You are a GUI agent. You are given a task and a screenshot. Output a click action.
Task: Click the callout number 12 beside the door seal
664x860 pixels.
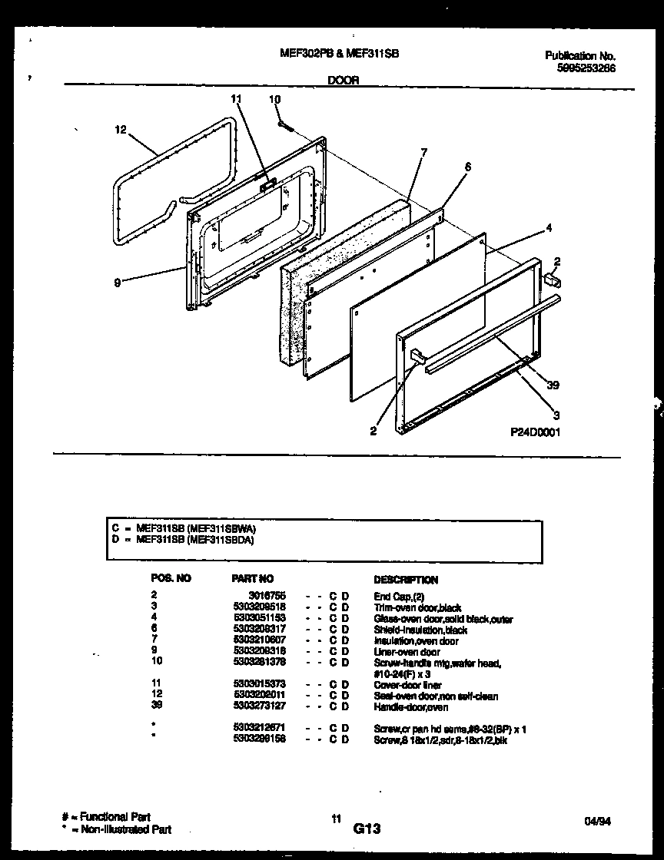pos(119,130)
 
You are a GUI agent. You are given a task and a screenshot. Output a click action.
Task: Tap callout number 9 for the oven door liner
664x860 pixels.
pos(117,282)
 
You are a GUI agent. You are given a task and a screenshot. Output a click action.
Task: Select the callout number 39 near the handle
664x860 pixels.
pos(552,385)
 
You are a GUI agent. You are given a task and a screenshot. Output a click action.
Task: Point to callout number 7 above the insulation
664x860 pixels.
pos(423,153)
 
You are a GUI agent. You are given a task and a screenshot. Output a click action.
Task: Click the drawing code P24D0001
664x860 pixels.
pos(536,432)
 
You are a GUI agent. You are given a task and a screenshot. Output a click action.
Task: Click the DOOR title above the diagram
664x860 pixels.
pos(344,79)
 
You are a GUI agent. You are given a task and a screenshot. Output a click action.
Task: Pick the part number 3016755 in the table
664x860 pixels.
pos(266,595)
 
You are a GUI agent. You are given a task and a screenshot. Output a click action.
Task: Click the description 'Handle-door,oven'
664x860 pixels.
pos(410,707)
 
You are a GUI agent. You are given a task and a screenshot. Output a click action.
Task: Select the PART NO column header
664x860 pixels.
pos(252,579)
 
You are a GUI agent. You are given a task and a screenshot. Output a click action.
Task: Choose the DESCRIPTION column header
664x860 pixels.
pos(406,580)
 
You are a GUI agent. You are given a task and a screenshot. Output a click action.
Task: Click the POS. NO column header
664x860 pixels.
pos(171,578)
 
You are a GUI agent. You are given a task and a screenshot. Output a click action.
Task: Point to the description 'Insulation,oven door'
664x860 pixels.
pos(416,641)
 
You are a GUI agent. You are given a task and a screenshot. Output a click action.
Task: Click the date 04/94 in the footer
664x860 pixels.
pos(595,822)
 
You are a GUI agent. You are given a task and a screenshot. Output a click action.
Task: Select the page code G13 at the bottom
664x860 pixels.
pos(367,829)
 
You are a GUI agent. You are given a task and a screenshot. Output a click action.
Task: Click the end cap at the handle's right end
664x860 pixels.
pos(551,281)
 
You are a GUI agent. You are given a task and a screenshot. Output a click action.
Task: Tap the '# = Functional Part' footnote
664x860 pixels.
pos(106,817)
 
